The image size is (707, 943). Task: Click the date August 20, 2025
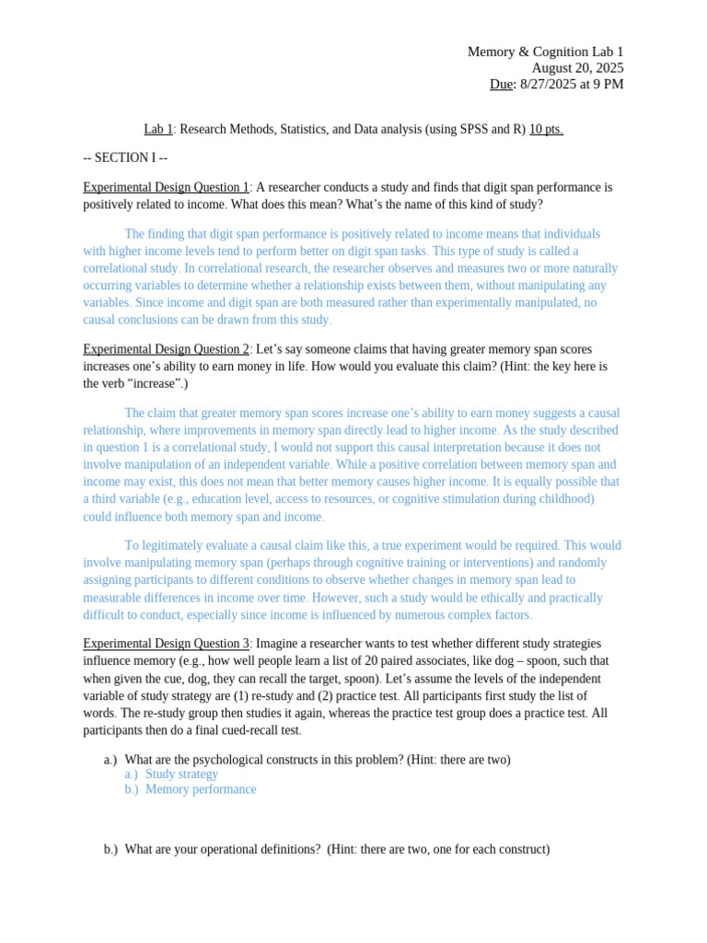pos(577,68)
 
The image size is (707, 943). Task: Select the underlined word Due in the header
pos(501,85)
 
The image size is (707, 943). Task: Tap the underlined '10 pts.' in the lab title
pos(546,129)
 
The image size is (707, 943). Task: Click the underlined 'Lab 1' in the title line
pos(158,129)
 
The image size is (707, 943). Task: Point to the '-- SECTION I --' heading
pos(125,158)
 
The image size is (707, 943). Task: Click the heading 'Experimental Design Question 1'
pos(166,187)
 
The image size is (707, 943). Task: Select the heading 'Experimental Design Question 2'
pos(166,349)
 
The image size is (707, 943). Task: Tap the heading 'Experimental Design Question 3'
pos(166,643)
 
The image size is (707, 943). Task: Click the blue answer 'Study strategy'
pos(181,774)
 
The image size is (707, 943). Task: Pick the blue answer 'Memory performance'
pos(201,789)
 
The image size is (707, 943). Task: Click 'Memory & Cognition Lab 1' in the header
pos(545,52)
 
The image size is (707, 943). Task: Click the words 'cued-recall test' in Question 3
pos(259,730)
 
